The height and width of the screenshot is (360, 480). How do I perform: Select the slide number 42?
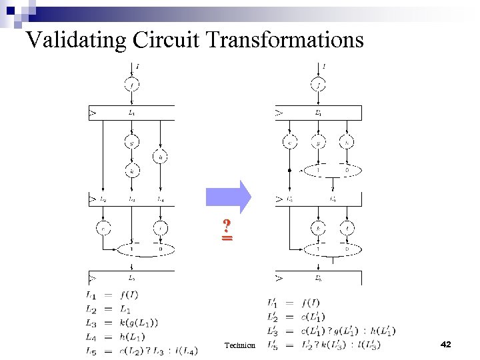tap(446, 344)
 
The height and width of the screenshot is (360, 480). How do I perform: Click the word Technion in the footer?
tap(240, 345)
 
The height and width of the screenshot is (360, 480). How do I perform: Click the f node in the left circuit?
tap(131, 85)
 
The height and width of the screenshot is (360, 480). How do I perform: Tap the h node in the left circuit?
tap(161, 157)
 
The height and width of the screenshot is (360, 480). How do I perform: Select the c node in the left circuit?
tap(103, 228)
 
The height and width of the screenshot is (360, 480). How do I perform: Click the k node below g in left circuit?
tap(131, 171)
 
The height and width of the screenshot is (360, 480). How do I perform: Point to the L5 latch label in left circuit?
tap(131, 278)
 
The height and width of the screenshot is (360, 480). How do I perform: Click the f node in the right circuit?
tap(319, 85)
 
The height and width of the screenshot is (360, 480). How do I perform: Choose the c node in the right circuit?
tap(291, 141)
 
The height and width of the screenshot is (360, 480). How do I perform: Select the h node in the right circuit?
tap(347, 141)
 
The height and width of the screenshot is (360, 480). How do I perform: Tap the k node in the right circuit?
tap(319, 228)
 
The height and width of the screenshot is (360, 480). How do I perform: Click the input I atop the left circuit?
tap(137, 66)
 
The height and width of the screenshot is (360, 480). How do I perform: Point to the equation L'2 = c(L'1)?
tap(300, 316)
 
